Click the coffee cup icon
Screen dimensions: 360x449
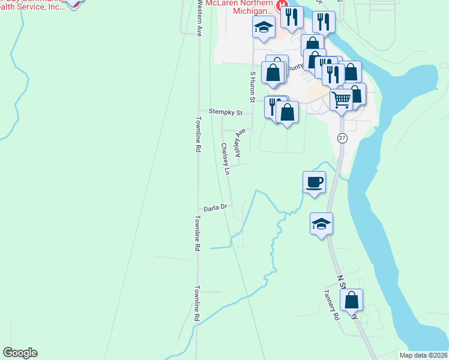pos(314,182)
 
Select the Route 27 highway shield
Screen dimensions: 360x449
pos(341,137)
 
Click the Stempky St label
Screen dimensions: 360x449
pos(225,112)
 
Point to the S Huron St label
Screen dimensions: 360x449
pos(253,85)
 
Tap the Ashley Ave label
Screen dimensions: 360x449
pos(241,143)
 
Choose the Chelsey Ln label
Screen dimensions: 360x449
pos(225,159)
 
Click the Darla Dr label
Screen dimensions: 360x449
pos(214,208)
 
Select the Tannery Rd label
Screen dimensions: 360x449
pos(331,305)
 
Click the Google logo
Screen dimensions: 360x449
pos(20,353)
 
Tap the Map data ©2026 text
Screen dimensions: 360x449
pos(424,355)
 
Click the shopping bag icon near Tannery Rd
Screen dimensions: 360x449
pos(354,299)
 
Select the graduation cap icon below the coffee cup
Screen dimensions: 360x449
pos(321,224)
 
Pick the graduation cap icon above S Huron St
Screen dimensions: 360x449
pos(264,27)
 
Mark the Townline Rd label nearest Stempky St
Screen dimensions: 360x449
pos(197,137)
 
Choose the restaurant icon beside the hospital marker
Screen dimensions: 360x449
pos(292,18)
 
